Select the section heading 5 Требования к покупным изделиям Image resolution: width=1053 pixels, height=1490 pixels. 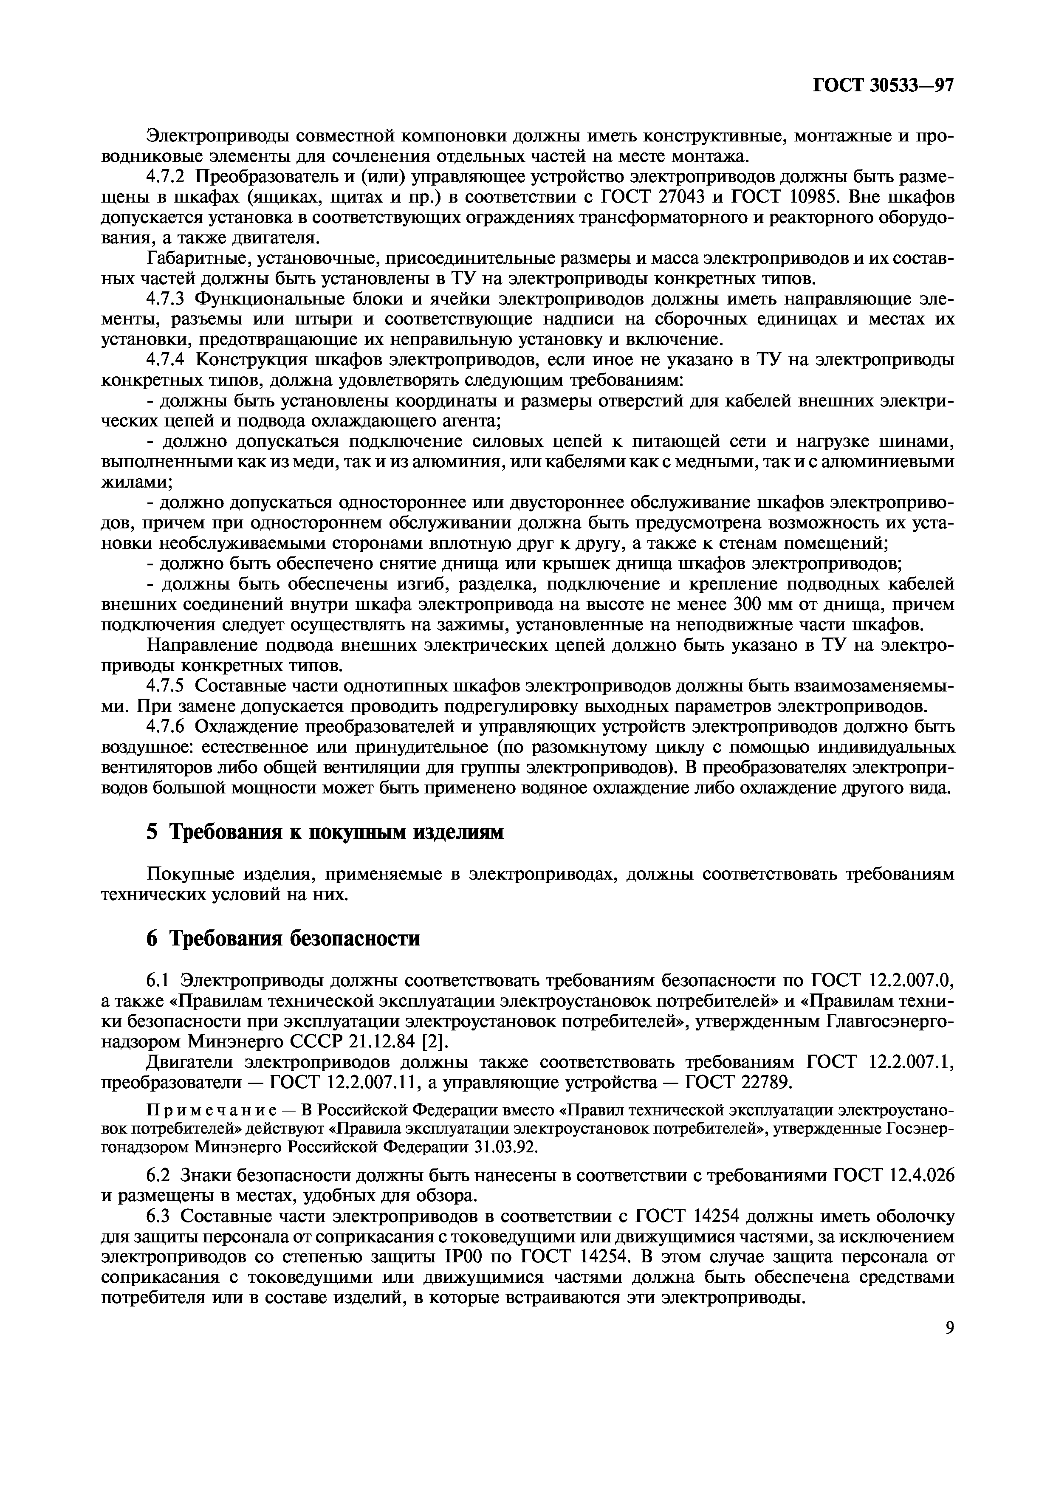coord(325,832)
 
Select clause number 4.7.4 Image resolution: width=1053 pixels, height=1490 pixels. coord(167,360)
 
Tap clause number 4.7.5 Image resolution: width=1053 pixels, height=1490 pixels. coord(167,685)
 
